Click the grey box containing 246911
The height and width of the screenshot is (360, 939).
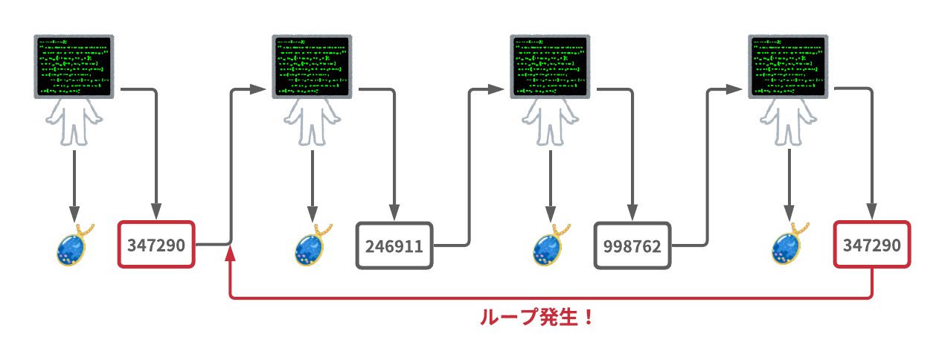[394, 245]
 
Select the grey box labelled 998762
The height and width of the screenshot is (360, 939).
[632, 245]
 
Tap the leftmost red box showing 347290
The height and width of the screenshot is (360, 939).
[156, 245]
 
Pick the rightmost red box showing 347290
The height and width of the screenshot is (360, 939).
[871, 245]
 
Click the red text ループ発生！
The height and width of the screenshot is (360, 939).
[536, 318]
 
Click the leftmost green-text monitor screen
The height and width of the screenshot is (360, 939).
[73, 66]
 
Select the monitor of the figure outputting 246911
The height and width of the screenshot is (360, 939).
[311, 66]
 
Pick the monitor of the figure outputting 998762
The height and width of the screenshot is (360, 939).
[549, 66]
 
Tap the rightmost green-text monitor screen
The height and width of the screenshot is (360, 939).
[787, 66]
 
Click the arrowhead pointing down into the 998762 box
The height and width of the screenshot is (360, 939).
[632, 213]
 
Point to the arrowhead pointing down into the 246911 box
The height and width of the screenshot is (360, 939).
[394, 213]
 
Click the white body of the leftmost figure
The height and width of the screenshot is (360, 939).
[73, 122]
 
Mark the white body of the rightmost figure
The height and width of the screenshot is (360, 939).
[787, 122]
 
